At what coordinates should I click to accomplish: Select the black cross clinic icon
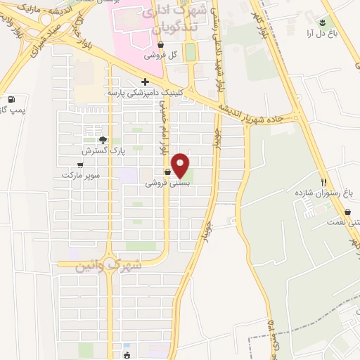pyautogui.click(x=145, y=82)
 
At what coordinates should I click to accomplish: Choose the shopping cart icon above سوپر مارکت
pyautogui.click(x=79, y=165)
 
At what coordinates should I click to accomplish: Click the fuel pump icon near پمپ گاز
pyautogui.click(x=11, y=99)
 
